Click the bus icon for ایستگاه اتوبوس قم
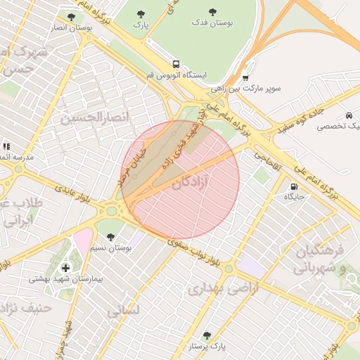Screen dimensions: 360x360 click(175, 64)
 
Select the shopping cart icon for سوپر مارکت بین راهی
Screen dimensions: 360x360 click(245, 78)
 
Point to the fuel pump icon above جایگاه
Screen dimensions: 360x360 click(292, 186)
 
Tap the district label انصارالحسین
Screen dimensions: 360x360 click(95, 117)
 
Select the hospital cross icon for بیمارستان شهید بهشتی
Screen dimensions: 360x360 click(66, 268)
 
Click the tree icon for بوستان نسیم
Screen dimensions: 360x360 click(111, 237)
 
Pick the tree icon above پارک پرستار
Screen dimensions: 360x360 click(206, 335)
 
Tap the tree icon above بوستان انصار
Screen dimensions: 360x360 click(70, 16)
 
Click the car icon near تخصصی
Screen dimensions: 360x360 click(349, 115)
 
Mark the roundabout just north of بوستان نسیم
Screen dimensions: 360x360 click(111, 210)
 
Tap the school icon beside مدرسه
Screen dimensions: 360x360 click(6, 146)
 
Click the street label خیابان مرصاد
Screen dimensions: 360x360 click(131, 166)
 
